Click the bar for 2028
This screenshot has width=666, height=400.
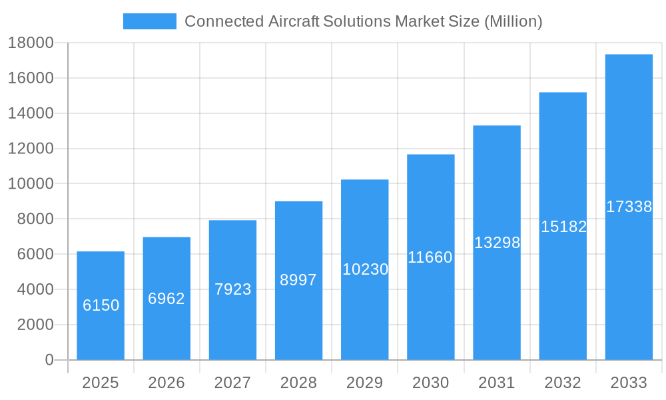click(298, 281)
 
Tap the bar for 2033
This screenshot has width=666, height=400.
click(629, 207)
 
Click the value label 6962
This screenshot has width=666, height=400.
click(166, 299)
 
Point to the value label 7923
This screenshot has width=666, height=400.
click(232, 289)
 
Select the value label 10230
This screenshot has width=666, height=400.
click(365, 269)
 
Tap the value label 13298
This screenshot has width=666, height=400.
click(497, 243)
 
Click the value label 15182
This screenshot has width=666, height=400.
click(563, 227)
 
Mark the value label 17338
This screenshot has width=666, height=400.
click(629, 207)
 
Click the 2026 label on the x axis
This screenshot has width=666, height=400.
click(166, 383)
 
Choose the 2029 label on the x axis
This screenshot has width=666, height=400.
click(365, 383)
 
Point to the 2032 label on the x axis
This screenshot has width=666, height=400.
click(563, 383)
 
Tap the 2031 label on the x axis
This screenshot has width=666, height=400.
click(497, 383)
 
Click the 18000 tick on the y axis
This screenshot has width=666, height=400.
click(31, 43)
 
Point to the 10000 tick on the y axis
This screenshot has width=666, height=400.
click(31, 184)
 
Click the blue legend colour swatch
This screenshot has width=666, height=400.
click(150, 21)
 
